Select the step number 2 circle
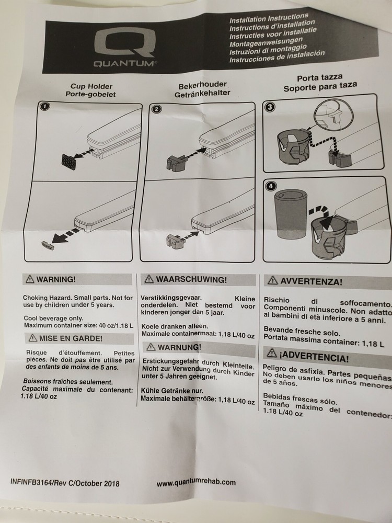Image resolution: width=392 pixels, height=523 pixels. pyautogui.click(x=156, y=109)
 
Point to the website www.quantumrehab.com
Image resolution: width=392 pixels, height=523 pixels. pyautogui.click(x=196, y=483)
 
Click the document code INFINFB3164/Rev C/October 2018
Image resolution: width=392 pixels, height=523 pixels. pyautogui.click(x=64, y=483)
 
